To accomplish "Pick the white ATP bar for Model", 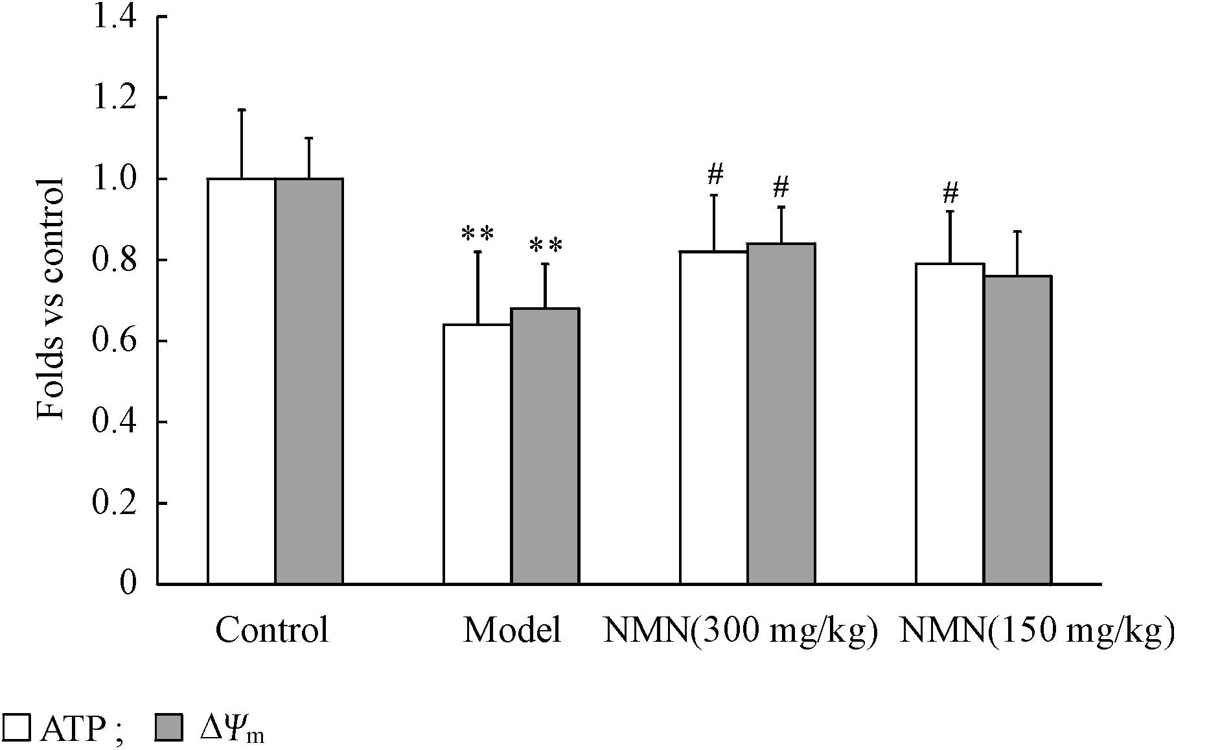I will point(478,454).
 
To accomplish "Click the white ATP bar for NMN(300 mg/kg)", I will point(713,417).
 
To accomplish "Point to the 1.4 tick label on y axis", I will point(115,16).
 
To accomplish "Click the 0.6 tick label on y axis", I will point(115,341).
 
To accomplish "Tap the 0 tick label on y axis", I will point(128,583).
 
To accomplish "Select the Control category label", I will point(272,630).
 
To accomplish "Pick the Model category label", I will point(512,630).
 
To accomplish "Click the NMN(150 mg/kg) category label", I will point(1037,630).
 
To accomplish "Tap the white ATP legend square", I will point(16,728).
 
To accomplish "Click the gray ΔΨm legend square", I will point(170,728).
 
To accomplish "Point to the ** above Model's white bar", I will point(478,233).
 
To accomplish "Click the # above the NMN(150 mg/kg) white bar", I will point(950,193).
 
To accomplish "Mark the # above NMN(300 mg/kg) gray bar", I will point(781,188).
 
